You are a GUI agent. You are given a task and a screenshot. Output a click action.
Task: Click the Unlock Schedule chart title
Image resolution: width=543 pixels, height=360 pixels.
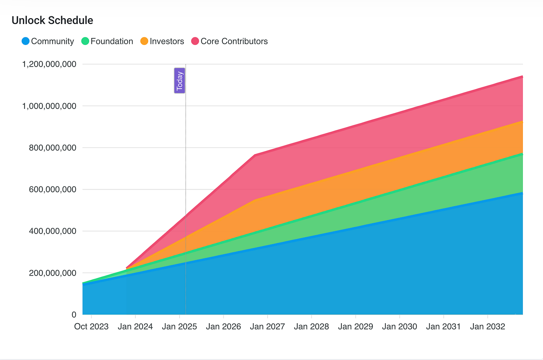52,21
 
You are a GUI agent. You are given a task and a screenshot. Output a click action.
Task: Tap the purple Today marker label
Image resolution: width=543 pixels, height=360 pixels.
179,81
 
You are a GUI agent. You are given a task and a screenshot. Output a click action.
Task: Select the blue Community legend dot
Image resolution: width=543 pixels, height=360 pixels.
26,41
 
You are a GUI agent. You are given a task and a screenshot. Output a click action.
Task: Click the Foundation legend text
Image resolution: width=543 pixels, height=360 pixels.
112,41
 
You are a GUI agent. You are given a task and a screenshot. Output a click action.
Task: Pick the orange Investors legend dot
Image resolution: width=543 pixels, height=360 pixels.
144,41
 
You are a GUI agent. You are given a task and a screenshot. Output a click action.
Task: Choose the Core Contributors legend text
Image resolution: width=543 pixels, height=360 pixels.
234,41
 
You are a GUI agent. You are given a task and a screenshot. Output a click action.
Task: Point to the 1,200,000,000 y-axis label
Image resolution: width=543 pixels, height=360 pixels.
49,64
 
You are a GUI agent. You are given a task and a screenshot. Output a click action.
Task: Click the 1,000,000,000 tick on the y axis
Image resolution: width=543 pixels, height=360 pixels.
49,106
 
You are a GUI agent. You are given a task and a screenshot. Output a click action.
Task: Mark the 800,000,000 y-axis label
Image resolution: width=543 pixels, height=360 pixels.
53,148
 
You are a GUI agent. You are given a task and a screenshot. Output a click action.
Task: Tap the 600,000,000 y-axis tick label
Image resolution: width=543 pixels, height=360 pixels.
53,189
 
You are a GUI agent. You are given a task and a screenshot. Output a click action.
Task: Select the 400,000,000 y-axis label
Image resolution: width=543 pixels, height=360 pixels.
53,231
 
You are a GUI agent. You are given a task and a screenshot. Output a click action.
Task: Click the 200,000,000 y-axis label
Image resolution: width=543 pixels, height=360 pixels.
53,273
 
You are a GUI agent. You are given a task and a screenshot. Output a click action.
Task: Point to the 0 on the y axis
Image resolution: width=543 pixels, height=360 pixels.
74,314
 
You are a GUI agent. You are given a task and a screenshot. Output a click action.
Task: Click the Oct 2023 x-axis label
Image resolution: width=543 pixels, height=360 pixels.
91,327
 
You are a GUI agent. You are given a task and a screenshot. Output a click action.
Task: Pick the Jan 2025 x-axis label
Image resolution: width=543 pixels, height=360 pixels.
179,327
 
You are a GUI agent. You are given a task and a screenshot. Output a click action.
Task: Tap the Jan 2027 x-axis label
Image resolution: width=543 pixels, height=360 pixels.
267,327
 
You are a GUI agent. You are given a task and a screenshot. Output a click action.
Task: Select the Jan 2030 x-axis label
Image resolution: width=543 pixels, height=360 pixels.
399,327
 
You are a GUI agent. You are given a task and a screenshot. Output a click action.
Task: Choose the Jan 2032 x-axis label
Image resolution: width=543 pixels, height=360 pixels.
488,327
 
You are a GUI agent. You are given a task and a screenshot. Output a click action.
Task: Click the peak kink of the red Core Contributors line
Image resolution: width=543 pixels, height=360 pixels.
255,155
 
